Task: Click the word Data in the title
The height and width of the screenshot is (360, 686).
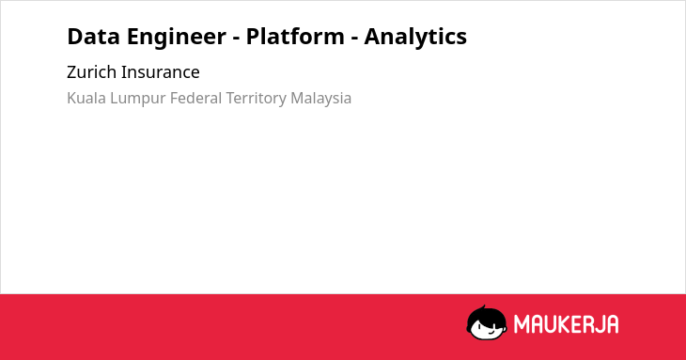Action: pyautogui.click(x=93, y=37)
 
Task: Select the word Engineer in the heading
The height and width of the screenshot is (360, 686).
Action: pyautogui.click(x=177, y=38)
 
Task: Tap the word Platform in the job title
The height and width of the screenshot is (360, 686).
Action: pyautogui.click(x=295, y=36)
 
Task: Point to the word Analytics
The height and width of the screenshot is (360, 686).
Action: pyautogui.click(x=415, y=38)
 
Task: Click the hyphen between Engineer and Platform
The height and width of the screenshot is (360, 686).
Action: pyautogui.click(x=236, y=39)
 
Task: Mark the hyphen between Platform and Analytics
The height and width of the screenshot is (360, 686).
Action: pyautogui.click(x=354, y=39)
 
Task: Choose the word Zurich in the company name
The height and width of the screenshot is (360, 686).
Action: pyautogui.click(x=91, y=72)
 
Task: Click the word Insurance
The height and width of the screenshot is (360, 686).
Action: pyautogui.click(x=160, y=72)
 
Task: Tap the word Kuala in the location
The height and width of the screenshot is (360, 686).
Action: pyautogui.click(x=86, y=98)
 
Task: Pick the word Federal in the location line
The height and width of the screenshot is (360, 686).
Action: pyautogui.click(x=196, y=98)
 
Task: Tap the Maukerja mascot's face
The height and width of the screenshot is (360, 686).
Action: pyautogui.click(x=487, y=326)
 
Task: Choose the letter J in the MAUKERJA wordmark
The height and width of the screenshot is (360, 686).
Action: pyautogui.click(x=599, y=324)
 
